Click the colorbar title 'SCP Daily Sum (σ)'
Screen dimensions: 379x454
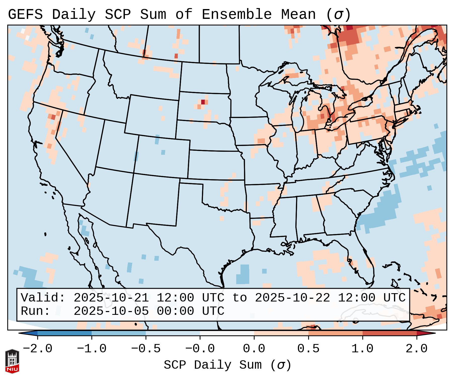pos(227,365)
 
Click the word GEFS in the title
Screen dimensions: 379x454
pos(25,15)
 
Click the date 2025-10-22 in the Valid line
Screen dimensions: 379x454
pos(292,298)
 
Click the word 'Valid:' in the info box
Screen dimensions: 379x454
pos(43,298)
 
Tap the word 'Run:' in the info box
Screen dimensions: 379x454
pos(36,311)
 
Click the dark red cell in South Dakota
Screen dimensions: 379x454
pos(203,102)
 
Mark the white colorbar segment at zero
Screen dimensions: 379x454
pos(227,333)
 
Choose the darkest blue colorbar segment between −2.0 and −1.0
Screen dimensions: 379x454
pos(64,333)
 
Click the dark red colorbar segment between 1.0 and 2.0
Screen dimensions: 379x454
pos(390,333)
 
